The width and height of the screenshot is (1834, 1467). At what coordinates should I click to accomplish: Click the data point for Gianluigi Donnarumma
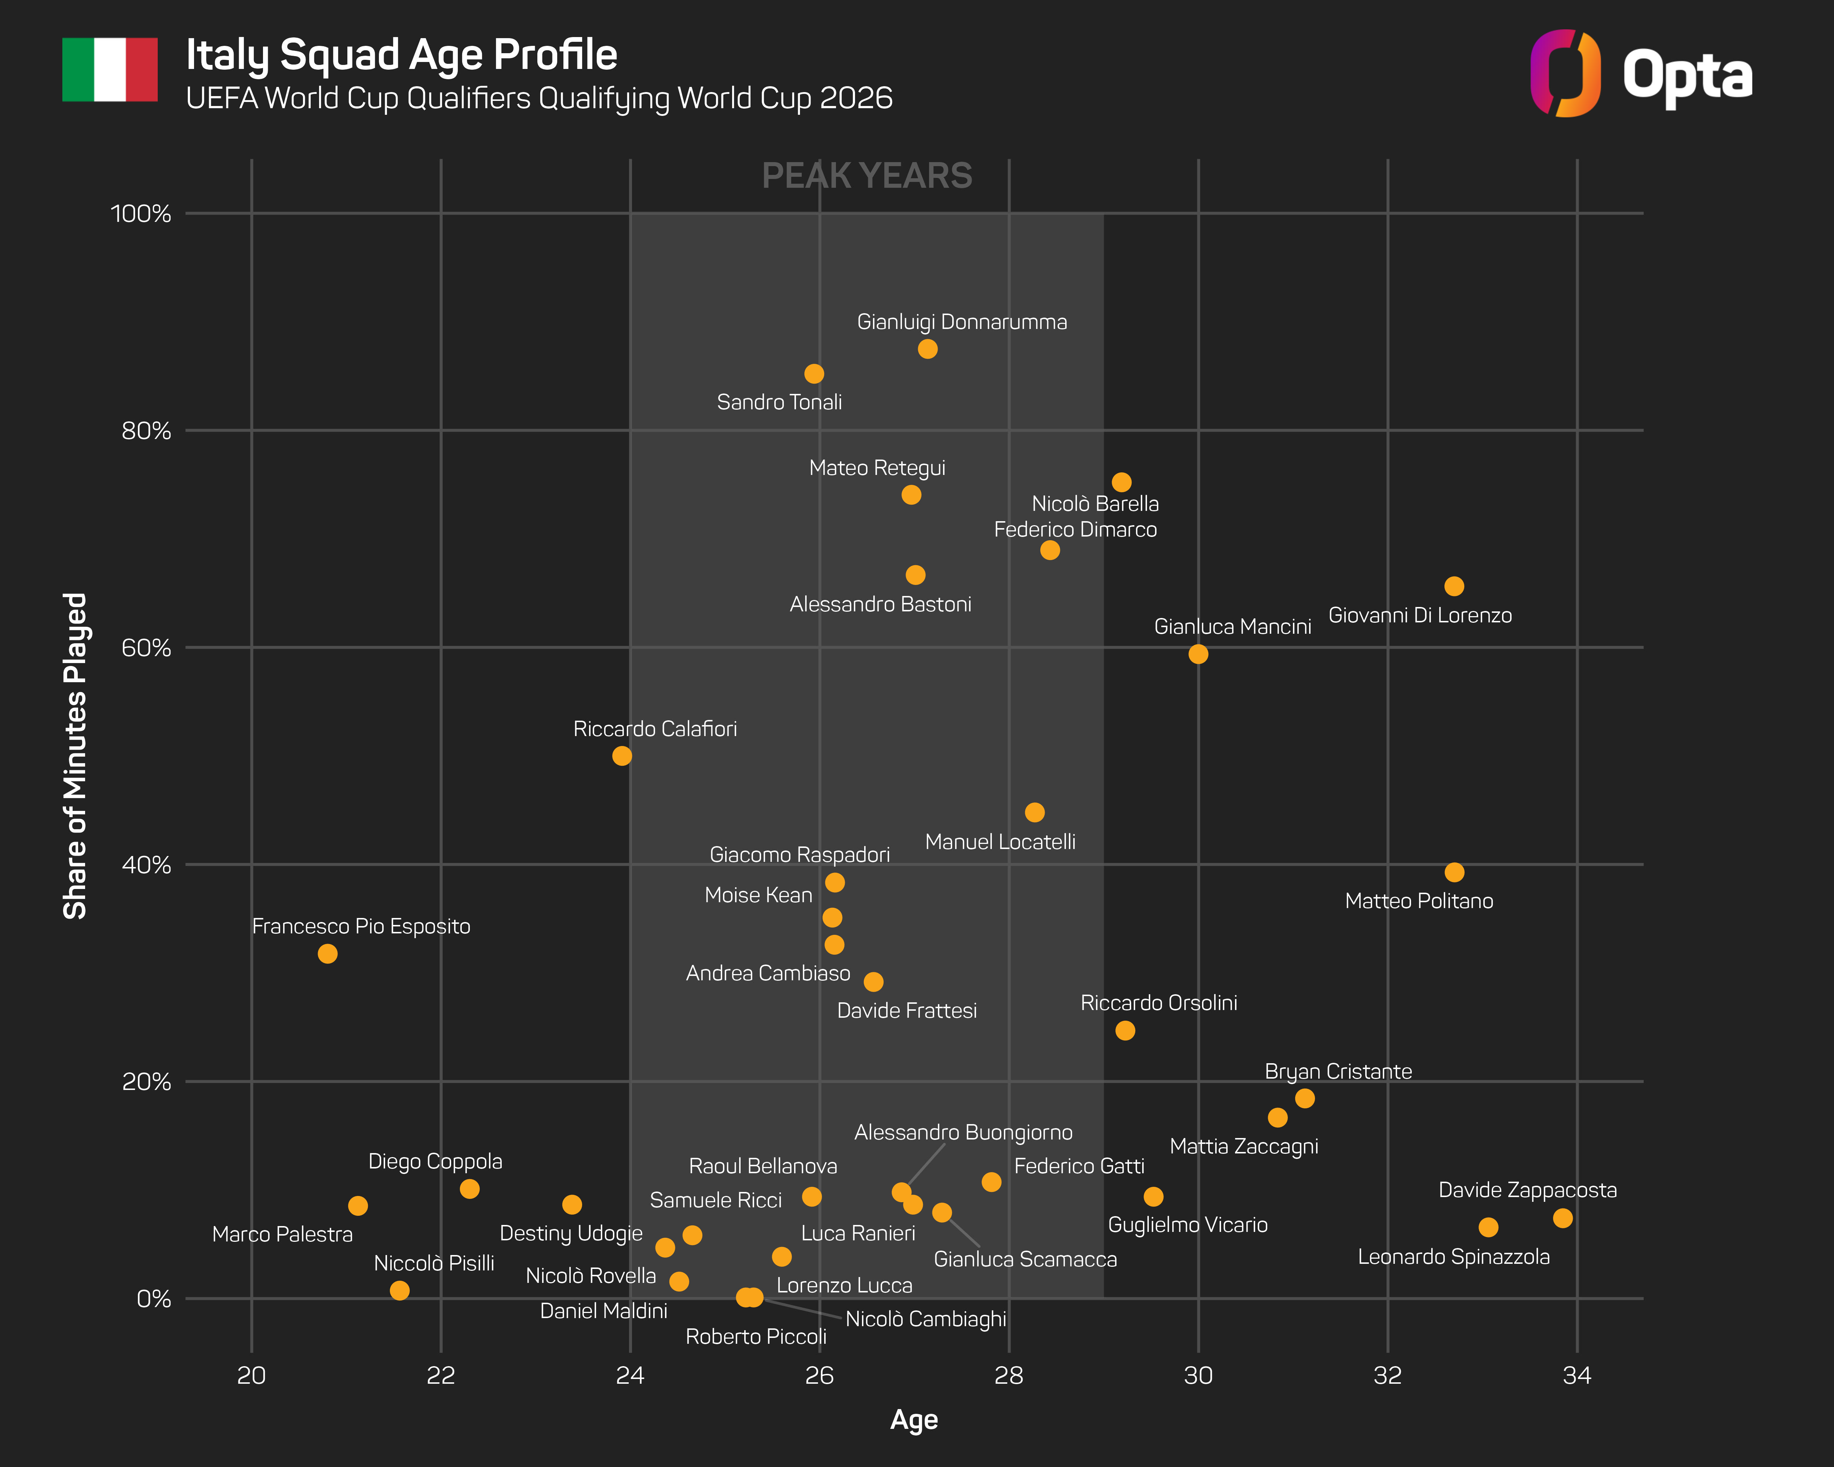click(x=927, y=349)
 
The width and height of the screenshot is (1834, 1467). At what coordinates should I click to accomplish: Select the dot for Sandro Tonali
click(x=814, y=373)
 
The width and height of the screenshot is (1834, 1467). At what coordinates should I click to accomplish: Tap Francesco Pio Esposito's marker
click(x=328, y=953)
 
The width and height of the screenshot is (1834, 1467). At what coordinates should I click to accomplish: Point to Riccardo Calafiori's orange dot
click(x=622, y=755)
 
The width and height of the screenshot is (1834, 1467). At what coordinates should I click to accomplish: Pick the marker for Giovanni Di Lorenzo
click(x=1454, y=586)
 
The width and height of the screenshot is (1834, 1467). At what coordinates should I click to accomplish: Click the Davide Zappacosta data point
click(x=1563, y=1218)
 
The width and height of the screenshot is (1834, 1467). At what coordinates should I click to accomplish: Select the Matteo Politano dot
click(x=1454, y=872)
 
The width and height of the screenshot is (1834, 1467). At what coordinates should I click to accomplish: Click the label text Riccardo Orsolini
click(x=1159, y=1003)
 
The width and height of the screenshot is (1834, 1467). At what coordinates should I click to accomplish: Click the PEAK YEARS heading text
click(x=867, y=176)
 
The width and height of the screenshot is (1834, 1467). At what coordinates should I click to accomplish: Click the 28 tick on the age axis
click(x=1009, y=1375)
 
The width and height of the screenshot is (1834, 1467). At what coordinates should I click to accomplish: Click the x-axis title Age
click(x=914, y=1419)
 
